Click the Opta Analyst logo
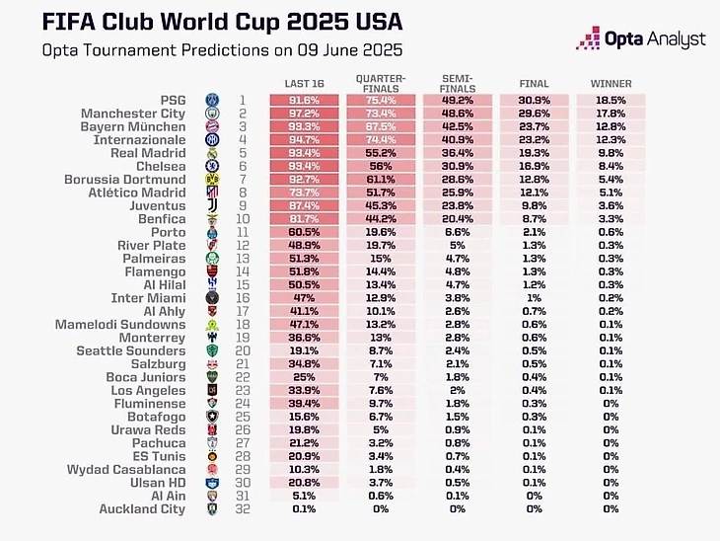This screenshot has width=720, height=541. tap(641, 39)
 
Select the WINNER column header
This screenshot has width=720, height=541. tap(611, 84)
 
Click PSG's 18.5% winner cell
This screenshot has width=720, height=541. tap(611, 101)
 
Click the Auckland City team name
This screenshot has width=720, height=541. tap(142, 509)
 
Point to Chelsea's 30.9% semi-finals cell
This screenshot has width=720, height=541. tap(456, 167)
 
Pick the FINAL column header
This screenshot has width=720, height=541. tap(534, 84)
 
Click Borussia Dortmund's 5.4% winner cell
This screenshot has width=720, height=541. tap(611, 180)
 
